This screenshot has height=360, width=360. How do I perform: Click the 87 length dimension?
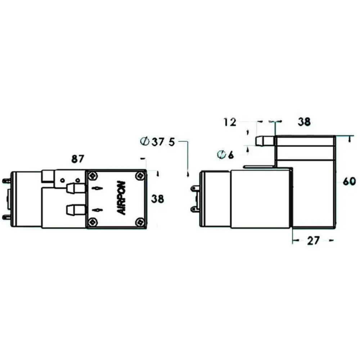[x=78, y=159]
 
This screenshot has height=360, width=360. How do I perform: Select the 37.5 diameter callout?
[x=158, y=142]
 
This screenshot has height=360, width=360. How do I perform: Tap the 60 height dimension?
[x=349, y=181]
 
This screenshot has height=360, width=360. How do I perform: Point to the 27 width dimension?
[x=314, y=240]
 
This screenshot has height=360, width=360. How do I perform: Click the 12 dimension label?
[x=230, y=122]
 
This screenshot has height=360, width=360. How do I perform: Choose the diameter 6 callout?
[x=225, y=155]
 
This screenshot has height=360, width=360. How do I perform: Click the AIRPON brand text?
[x=121, y=198]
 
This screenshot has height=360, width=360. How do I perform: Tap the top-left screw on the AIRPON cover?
[x=93, y=176]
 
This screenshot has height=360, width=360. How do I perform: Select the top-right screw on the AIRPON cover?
[x=140, y=176]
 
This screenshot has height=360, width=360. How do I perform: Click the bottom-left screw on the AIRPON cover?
[x=93, y=222]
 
